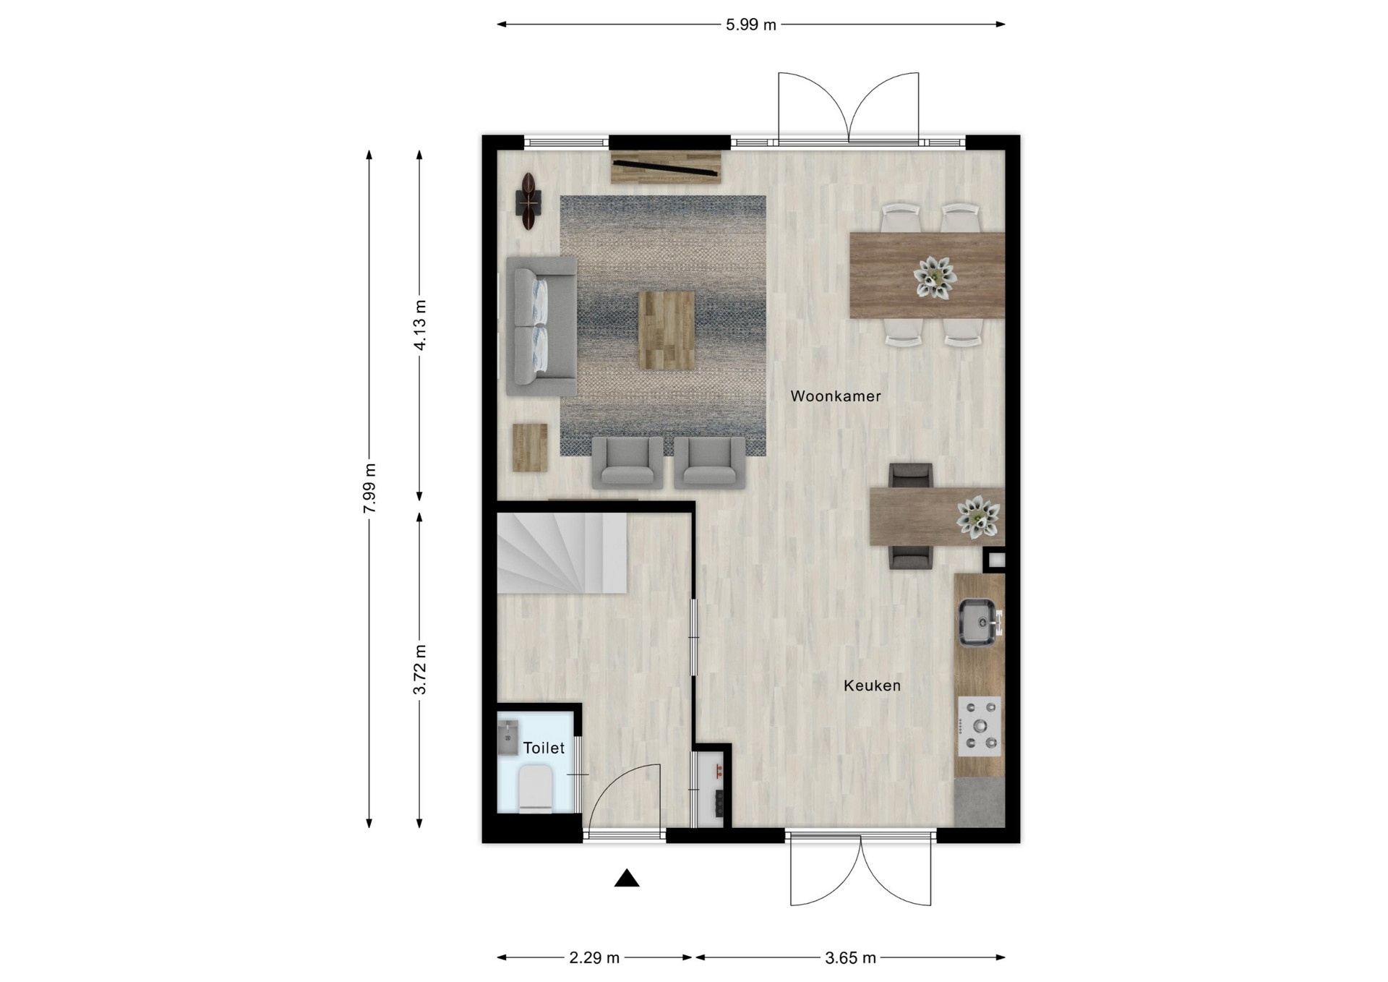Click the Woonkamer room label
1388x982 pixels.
tap(836, 396)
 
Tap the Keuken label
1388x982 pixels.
tap(872, 686)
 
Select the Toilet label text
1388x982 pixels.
tap(544, 748)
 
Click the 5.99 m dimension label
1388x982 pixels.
tap(751, 25)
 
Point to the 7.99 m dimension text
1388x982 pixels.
tap(370, 488)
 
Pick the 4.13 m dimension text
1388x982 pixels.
tap(420, 325)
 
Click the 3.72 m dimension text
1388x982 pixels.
tap(420, 670)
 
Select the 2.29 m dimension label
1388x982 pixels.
tap(594, 958)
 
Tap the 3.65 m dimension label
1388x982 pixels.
tap(850, 958)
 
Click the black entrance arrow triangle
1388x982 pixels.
tap(627, 879)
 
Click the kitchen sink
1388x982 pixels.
tap(980, 622)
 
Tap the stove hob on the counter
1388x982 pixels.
tap(980, 726)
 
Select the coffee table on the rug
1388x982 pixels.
tap(667, 330)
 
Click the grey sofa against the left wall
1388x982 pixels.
tap(541, 326)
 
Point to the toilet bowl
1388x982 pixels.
tap(536, 790)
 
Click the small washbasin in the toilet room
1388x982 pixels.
tap(508, 737)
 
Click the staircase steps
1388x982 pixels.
tap(562, 552)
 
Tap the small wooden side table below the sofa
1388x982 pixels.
tap(530, 448)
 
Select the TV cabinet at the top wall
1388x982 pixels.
tap(666, 167)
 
